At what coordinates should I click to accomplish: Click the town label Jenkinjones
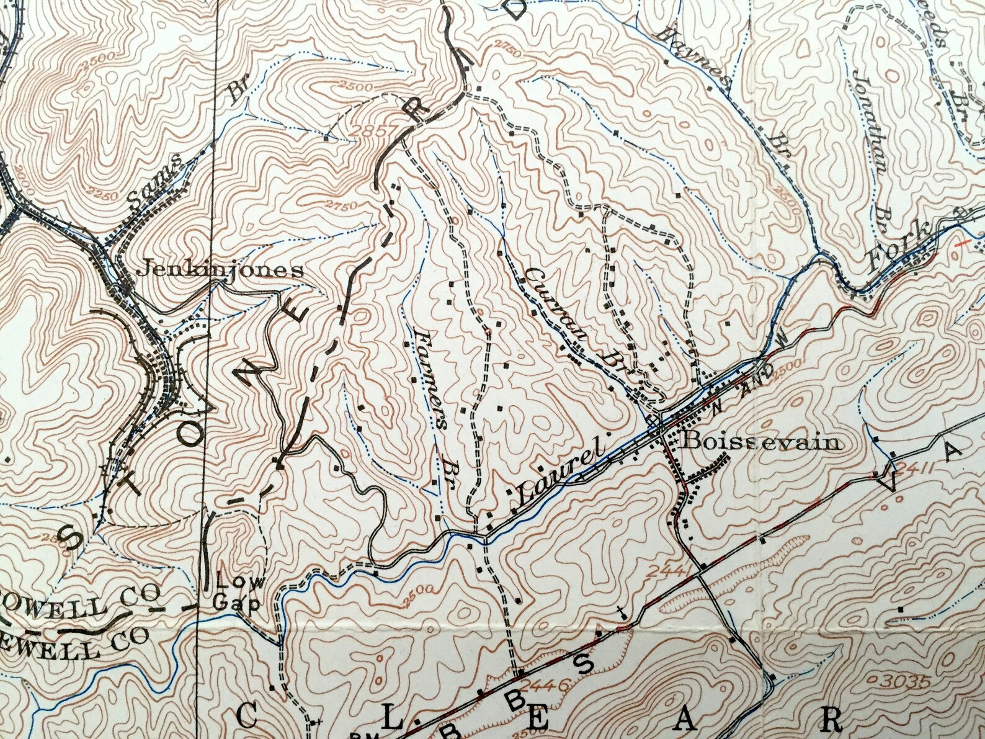click(x=220, y=270)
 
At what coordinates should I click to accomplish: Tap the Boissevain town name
click(x=762, y=443)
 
